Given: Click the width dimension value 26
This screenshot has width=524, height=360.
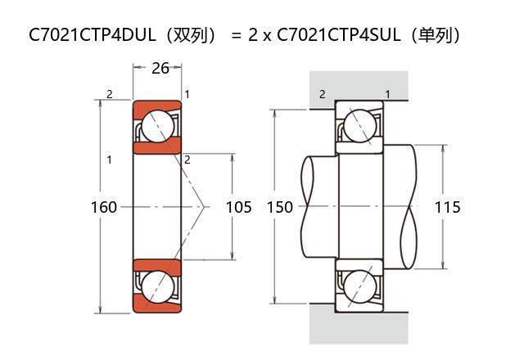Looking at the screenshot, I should coord(160,68).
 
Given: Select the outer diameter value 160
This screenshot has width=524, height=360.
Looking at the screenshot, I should coord(103,207).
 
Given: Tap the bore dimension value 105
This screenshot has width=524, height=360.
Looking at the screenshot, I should coord(238,207).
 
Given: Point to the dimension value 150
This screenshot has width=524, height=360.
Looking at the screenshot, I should coord(280,207).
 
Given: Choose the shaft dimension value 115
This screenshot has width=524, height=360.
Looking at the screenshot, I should coord(447,207).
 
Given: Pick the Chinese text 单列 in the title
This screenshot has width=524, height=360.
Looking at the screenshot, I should coord(439,35).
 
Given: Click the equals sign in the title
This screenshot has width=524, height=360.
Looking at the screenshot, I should coord(236,35).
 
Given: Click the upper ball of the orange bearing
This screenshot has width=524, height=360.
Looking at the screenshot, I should coord(157,126).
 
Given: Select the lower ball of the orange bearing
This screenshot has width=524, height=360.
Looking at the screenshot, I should coord(157,287).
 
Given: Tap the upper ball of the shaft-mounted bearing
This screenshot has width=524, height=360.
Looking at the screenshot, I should coord(359,126).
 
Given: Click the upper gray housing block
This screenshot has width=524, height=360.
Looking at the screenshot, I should coord(358,88).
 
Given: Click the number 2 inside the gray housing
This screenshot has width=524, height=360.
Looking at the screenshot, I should coord(322,95).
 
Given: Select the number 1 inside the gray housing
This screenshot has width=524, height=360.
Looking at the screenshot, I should coord(387,95).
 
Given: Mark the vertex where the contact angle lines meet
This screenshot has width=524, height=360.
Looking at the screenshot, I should coord(204,207).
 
